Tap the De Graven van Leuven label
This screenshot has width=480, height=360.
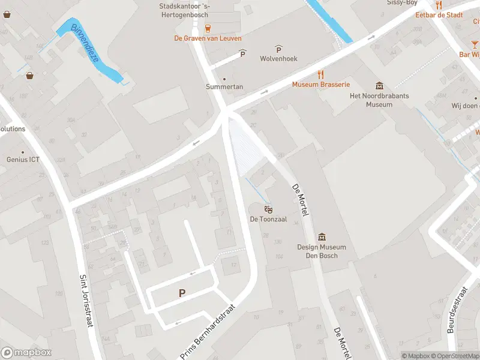coord(208,38)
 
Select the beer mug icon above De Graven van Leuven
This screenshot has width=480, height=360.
coord(208,28)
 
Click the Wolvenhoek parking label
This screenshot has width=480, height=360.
coord(278,59)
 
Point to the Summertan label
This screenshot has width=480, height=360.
coord(224,87)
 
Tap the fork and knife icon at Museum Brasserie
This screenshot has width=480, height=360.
coord(321,74)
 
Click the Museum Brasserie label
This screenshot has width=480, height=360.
coord(321,85)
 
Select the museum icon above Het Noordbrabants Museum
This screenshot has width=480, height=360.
coord(379,86)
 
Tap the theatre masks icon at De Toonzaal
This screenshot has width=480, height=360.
coord(268,209)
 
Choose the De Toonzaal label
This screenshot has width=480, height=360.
coord(268,220)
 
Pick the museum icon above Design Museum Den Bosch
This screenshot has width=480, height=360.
coord(322,237)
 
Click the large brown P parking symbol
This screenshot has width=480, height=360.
coord(182,293)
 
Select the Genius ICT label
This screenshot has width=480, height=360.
coord(23,160)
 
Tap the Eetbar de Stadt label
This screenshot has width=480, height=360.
coord(439,15)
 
